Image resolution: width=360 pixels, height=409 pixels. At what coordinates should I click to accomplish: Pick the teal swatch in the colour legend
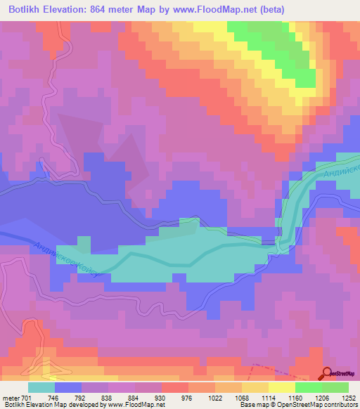[x=41, y=387]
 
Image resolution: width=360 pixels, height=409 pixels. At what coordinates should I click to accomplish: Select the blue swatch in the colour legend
[x=68, y=387]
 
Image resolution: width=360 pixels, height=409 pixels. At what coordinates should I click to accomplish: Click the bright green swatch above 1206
[x=309, y=387]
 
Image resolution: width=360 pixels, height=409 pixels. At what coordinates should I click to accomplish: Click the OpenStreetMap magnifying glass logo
[x=328, y=373]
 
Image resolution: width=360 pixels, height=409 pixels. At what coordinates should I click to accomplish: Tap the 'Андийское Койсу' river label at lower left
[x=64, y=260]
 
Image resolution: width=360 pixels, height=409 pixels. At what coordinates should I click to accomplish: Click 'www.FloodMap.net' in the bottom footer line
[x=136, y=405]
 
